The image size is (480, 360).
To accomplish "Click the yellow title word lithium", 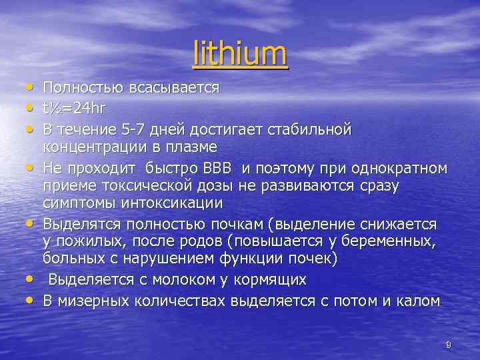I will click(240, 55).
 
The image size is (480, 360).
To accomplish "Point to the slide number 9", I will click(449, 344).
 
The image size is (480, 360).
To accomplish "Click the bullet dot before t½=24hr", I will click(30, 107).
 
